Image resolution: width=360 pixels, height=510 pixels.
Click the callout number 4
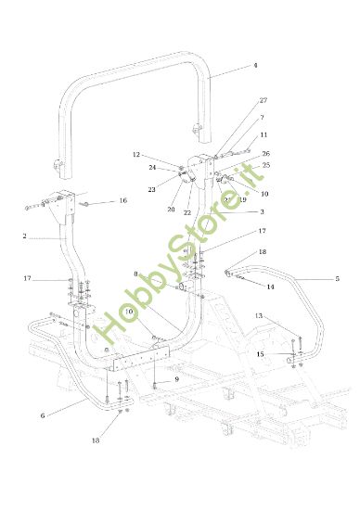(x=254, y=67)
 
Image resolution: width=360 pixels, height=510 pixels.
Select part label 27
(x=264, y=100)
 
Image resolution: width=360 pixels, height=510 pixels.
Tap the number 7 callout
(x=263, y=118)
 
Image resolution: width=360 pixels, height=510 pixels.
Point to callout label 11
(x=264, y=135)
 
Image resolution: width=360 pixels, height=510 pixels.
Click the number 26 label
(x=265, y=153)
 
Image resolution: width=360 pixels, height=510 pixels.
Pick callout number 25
(x=266, y=165)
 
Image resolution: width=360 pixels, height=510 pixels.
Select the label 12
(x=135, y=155)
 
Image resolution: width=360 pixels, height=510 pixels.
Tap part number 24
(x=151, y=168)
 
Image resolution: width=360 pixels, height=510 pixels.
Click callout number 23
(x=151, y=189)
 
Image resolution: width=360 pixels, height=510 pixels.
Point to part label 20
(x=170, y=210)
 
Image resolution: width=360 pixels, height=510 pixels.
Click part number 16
(x=122, y=201)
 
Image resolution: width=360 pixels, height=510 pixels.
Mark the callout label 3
(x=262, y=212)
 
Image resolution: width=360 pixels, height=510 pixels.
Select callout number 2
(x=25, y=237)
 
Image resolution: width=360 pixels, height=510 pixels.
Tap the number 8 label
(x=136, y=274)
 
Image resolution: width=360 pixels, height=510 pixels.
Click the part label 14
(x=271, y=287)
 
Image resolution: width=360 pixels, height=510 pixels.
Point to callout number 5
(x=337, y=278)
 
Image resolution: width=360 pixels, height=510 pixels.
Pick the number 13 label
(x=261, y=317)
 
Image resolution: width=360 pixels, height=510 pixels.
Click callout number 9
(x=176, y=380)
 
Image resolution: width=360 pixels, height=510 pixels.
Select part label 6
(x=43, y=416)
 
